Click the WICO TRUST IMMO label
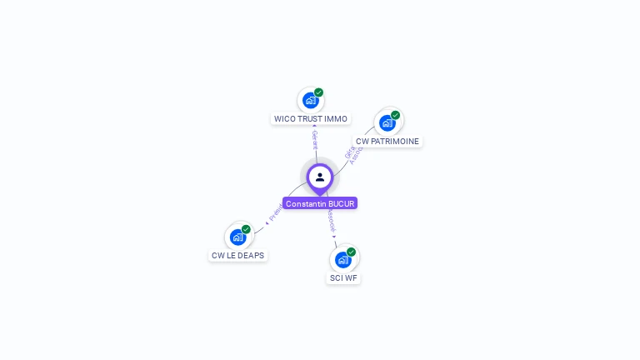click(x=311, y=119)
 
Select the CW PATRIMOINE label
click(x=387, y=142)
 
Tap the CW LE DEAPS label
click(x=237, y=256)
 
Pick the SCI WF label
click(x=343, y=278)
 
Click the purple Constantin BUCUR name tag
click(x=320, y=203)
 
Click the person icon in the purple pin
click(x=320, y=177)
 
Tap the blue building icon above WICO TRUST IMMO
click(x=311, y=101)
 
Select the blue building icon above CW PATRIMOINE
click(x=387, y=123)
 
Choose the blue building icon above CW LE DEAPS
click(x=237, y=237)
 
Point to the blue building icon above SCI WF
click(x=342, y=260)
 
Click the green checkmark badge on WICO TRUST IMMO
click(x=319, y=92)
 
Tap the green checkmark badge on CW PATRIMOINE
click(x=395, y=115)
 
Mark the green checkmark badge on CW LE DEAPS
click(x=246, y=229)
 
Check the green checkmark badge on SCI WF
click(x=351, y=252)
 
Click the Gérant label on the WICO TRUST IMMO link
click(x=314, y=138)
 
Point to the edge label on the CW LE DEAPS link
click(x=274, y=213)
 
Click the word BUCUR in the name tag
click(x=342, y=203)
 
